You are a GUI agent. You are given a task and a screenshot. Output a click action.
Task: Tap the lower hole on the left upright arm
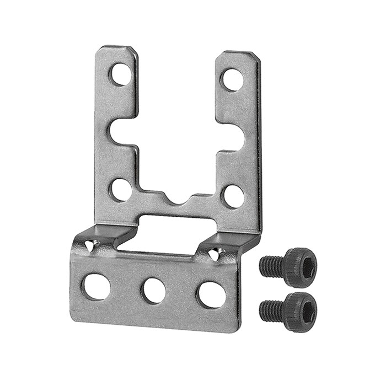[x=121, y=189]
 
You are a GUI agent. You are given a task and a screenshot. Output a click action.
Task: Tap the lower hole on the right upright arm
[x=233, y=196]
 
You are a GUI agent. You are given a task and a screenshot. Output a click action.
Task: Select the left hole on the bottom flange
[x=96, y=286]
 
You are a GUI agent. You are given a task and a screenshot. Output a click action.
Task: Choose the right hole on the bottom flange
[x=210, y=294]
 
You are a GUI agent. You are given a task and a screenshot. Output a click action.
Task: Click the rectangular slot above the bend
[x=176, y=226]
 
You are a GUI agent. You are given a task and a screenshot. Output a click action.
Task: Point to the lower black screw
[x=288, y=309]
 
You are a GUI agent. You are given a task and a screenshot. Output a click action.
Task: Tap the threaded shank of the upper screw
[x=270, y=266]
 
